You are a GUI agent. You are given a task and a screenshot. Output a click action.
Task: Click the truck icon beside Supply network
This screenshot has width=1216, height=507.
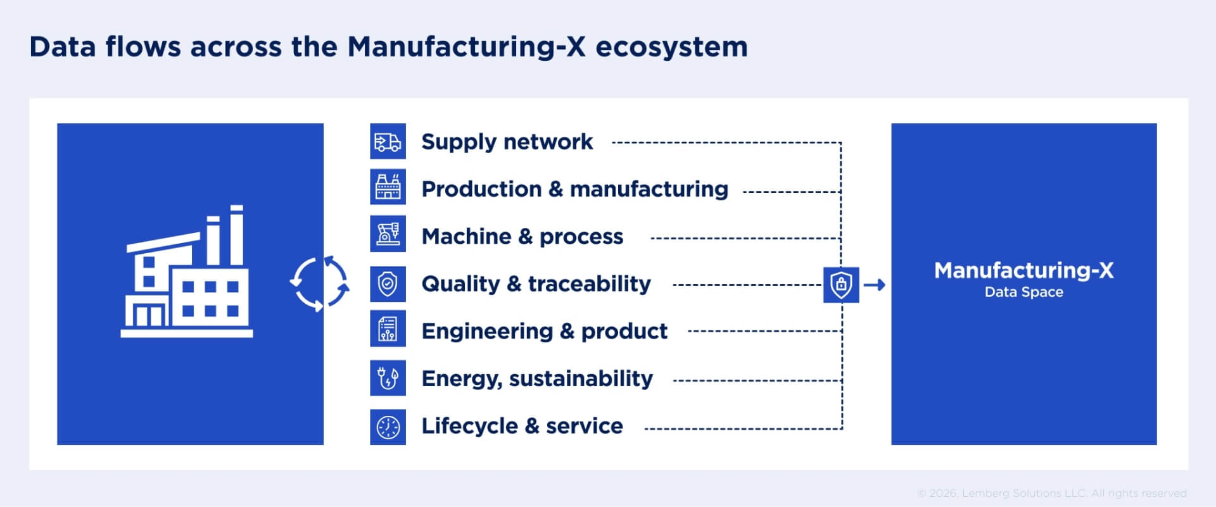pos(388,142)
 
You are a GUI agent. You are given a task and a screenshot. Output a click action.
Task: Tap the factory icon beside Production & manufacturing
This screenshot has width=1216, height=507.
pos(388,187)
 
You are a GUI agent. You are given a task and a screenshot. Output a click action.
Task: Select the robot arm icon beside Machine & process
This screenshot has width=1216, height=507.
pos(388,234)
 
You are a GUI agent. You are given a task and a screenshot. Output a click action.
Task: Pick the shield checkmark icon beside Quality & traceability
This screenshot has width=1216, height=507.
pos(388,284)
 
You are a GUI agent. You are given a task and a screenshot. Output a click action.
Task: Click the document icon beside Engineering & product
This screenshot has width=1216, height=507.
pos(388,330)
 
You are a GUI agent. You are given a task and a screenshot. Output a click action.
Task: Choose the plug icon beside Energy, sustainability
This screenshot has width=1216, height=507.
pos(388,378)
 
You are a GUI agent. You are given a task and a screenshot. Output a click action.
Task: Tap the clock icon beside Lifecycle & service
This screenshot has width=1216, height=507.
pos(388,427)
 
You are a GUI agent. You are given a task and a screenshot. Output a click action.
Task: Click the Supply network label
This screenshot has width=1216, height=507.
pos(507,142)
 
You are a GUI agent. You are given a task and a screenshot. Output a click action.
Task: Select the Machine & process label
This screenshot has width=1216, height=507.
pos(522,237)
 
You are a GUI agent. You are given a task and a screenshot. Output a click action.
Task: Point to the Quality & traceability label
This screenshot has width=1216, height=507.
pos(536,284)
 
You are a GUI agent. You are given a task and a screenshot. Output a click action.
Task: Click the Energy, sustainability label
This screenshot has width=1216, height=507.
pos(537,379)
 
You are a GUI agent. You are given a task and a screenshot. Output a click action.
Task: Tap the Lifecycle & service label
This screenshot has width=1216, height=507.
pos(522,426)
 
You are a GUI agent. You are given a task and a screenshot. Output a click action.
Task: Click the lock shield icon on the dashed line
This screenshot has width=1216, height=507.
pos(841,285)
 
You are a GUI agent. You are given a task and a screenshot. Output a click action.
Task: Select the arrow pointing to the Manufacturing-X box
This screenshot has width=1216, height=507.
pos(875,285)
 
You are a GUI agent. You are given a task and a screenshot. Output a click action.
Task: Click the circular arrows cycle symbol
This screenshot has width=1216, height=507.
pos(319,284)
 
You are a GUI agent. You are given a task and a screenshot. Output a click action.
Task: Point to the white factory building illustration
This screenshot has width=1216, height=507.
pos(187,272)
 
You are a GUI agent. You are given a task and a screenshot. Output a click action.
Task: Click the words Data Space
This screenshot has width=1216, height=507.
pos(1023,292)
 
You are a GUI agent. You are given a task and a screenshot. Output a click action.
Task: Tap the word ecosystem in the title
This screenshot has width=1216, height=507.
pos(671,47)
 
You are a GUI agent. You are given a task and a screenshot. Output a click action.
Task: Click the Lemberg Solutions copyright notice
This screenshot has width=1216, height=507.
pos(1051,493)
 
